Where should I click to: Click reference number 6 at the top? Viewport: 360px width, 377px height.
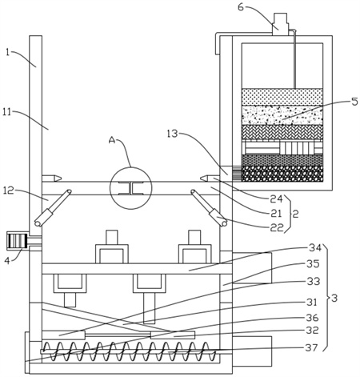pyautogui.click(x=241, y=7)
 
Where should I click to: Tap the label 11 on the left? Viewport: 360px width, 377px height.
pyautogui.click(x=7, y=112)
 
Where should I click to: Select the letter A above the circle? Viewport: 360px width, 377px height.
pyautogui.click(x=112, y=140)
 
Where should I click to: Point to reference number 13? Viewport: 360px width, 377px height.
pyautogui.click(x=172, y=134)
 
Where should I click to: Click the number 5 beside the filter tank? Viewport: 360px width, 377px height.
pyautogui.click(x=354, y=102)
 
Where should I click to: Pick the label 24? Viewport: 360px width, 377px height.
pyautogui.click(x=276, y=199)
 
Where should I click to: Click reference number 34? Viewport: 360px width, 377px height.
pyautogui.click(x=315, y=248)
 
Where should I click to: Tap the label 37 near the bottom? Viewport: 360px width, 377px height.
pyautogui.click(x=311, y=348)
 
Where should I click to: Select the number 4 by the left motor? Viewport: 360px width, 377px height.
pyautogui.click(x=8, y=260)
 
